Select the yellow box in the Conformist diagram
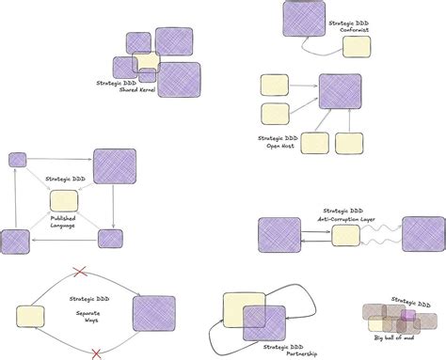coord(357,47)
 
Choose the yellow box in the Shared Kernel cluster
coord(147,62)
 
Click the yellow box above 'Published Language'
coord(63,201)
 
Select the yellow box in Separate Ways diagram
coord(30,316)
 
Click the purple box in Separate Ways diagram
coord(153,315)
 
